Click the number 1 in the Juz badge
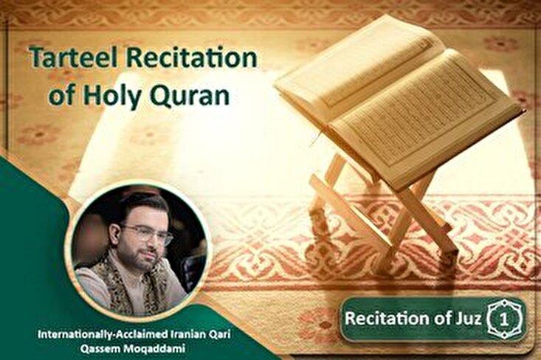504,319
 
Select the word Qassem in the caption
96,348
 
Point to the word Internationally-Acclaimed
103,334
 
